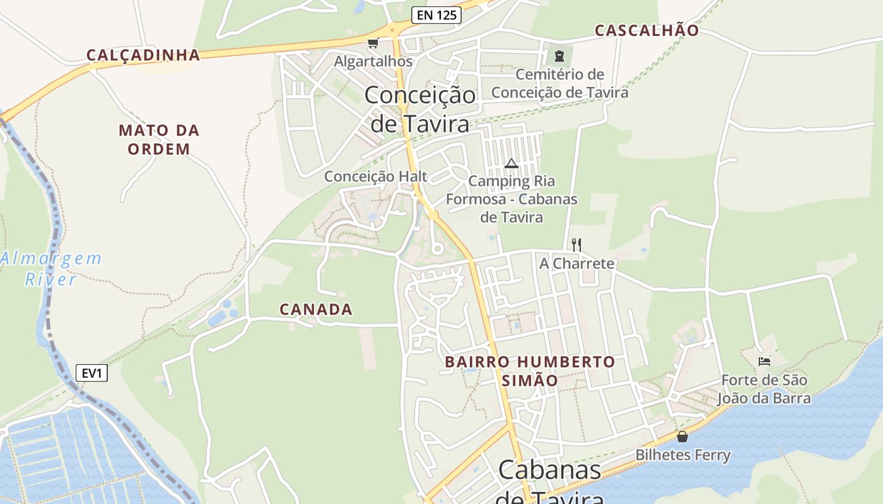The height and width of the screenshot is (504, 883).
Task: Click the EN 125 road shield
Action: tap(436, 15)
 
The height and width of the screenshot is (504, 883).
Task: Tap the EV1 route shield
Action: tap(91, 373)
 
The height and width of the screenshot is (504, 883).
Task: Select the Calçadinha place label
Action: tap(143, 55)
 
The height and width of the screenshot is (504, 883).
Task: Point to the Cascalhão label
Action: tap(647, 30)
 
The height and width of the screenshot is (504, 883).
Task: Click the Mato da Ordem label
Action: tap(159, 140)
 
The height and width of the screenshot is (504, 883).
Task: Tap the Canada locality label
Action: tap(316, 309)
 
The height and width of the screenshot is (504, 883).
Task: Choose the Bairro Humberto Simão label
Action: tap(530, 371)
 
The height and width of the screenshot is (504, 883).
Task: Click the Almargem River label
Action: tap(50, 268)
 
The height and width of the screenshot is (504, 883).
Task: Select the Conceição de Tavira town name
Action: tap(420, 109)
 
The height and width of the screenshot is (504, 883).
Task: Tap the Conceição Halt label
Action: tap(376, 176)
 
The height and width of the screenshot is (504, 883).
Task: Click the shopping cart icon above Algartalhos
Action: tap(373, 43)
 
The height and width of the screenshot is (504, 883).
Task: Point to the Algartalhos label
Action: tap(373, 61)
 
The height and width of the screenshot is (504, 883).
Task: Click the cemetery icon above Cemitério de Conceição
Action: tap(559, 55)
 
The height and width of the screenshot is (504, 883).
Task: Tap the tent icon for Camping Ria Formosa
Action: tap(512, 164)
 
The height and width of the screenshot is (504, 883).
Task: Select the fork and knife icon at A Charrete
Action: tap(576, 244)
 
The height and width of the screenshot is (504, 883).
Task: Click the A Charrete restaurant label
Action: tap(576, 263)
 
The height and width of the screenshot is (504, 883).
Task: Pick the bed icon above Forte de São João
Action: tap(764, 361)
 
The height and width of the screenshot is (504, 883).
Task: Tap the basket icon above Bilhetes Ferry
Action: tap(682, 436)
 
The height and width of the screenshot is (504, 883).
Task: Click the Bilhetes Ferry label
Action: tap(682, 455)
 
